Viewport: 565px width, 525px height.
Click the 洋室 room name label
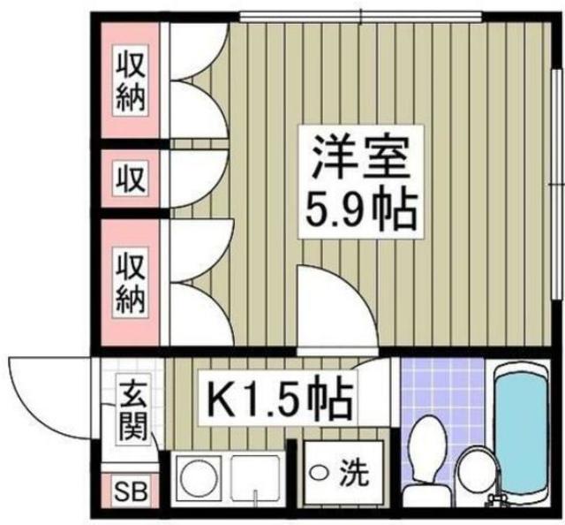click(x=357, y=159)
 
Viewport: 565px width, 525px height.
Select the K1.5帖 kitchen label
click(x=280, y=399)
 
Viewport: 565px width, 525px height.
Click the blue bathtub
click(x=524, y=433)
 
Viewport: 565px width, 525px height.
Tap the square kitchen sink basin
click(x=255, y=477)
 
